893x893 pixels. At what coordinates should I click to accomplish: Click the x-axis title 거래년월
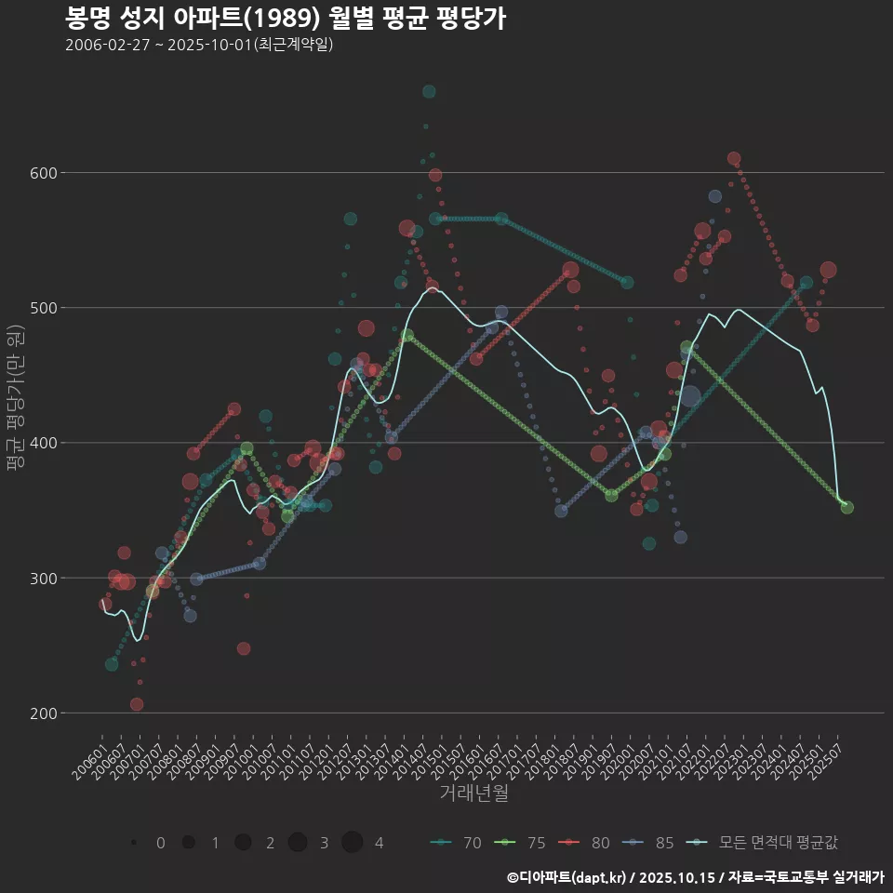coord(473,793)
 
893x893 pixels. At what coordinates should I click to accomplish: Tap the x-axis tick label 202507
coord(828,758)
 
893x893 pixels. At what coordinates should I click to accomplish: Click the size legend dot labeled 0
coord(135,843)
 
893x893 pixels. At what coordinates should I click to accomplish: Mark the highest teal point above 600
coord(429,91)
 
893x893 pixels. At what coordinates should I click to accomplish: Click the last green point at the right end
coord(847,507)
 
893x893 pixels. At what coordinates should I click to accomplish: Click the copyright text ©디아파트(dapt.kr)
coord(567,877)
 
